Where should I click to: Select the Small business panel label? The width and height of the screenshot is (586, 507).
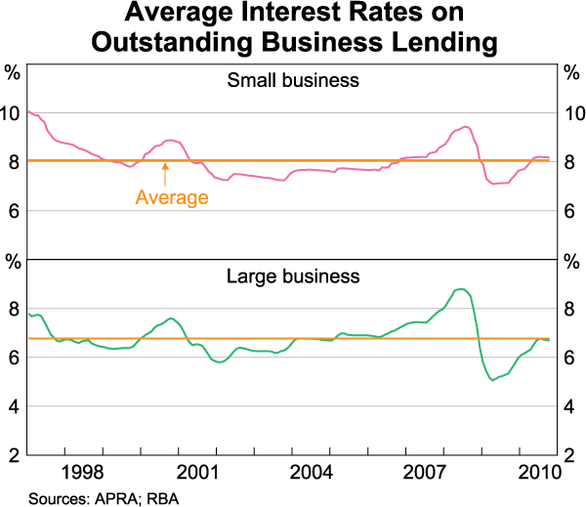click(x=292, y=80)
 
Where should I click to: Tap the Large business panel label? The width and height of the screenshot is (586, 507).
click(x=292, y=276)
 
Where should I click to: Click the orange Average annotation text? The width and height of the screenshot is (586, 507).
click(x=172, y=198)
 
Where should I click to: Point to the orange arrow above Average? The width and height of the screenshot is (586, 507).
click(x=165, y=174)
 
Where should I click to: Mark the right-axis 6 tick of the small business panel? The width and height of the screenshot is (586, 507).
click(x=570, y=211)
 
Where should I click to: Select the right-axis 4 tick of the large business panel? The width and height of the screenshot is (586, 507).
click(x=570, y=406)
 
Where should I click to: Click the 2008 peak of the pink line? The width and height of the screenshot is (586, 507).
click(x=465, y=127)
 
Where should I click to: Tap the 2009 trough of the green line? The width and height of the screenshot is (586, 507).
click(x=491, y=379)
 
